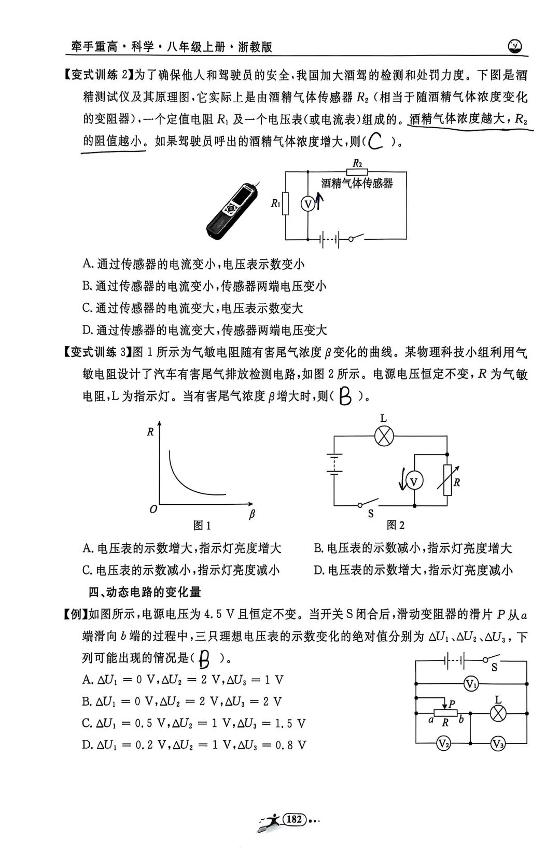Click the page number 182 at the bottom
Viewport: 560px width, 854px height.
(294, 819)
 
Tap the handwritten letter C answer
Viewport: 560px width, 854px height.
(375, 141)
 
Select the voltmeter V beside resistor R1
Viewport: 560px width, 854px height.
(308, 204)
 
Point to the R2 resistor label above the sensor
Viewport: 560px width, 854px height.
(357, 163)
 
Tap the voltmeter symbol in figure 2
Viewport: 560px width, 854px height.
(414, 482)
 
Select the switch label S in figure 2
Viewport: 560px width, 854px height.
(371, 514)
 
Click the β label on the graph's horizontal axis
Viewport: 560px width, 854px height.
(252, 514)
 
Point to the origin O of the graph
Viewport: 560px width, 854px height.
(153, 509)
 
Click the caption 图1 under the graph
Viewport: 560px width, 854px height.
(202, 526)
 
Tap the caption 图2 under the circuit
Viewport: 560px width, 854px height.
(396, 526)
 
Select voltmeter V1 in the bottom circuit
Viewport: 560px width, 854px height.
(471, 684)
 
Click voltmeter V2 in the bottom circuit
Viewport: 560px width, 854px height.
(443, 744)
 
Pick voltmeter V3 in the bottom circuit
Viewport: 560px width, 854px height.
(498, 744)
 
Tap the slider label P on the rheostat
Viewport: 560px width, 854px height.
(452, 704)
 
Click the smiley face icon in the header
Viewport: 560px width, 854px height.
(515, 47)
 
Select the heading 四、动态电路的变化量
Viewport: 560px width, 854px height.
(145, 592)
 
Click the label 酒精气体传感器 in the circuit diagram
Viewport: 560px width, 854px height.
(357, 183)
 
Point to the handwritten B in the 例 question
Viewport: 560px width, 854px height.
(205, 660)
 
